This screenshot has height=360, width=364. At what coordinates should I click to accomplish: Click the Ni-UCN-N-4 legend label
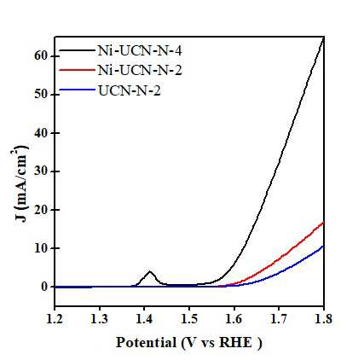[140, 51]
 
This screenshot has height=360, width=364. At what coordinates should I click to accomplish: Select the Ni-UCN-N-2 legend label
[140, 70]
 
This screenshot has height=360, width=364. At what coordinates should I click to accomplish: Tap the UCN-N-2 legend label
[130, 91]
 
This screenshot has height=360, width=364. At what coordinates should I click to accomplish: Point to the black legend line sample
[77, 50]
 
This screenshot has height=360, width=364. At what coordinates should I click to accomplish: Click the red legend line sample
[77, 70]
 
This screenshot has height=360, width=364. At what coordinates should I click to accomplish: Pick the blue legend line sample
[77, 90]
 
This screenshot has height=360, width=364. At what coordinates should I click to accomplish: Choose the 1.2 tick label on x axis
[55, 319]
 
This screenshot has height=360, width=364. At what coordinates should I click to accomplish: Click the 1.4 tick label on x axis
[144, 319]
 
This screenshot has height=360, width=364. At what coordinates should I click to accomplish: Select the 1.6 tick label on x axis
[234, 319]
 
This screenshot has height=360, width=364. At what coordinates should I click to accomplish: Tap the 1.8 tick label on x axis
[323, 319]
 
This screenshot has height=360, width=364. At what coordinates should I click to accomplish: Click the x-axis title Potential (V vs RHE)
[189, 343]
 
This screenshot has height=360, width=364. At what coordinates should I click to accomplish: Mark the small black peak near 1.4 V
[150, 271]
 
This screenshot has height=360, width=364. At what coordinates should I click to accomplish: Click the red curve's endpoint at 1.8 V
[323, 223]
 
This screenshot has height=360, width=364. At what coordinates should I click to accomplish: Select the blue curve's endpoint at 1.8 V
[323, 246]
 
